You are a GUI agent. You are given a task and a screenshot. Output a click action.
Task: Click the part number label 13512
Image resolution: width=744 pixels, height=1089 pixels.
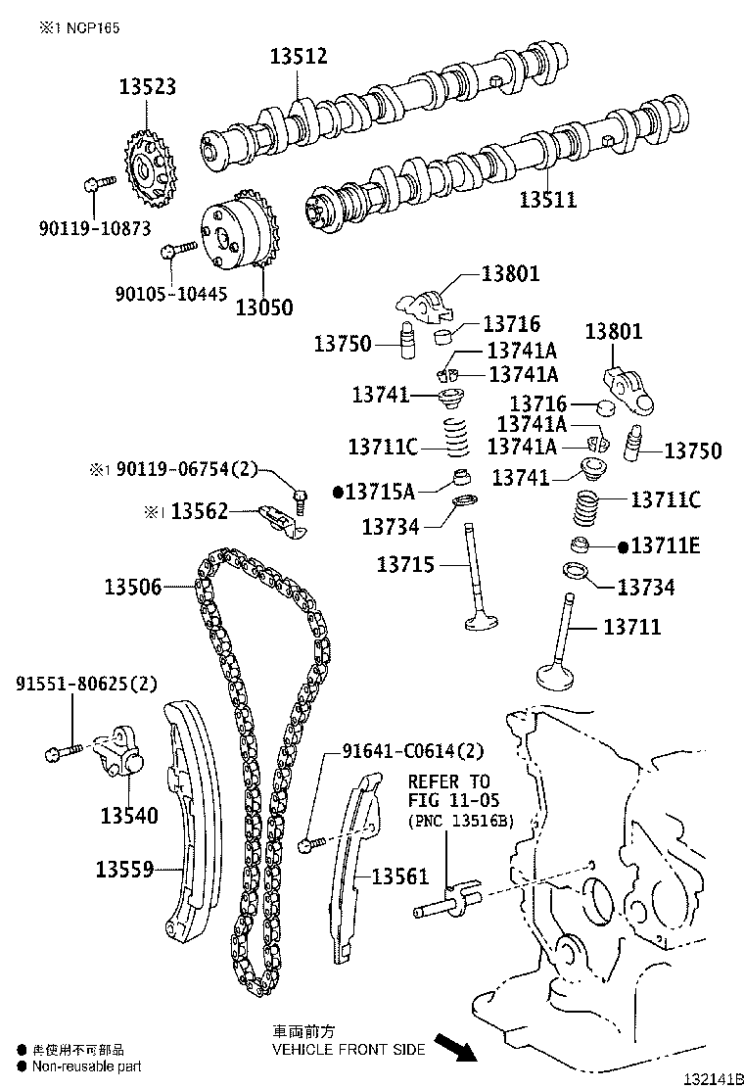click(299, 58)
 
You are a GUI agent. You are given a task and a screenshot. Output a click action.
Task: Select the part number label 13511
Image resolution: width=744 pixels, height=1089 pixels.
click(547, 200)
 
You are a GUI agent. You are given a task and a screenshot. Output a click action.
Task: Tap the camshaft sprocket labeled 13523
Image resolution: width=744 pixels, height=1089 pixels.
click(148, 172)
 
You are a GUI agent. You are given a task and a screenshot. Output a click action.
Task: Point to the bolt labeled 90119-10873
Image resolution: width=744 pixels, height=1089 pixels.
click(99, 182)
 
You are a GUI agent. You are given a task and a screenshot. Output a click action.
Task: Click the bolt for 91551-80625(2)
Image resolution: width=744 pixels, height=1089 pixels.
click(64, 751)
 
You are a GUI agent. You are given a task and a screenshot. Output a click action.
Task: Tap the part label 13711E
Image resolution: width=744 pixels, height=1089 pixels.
click(666, 545)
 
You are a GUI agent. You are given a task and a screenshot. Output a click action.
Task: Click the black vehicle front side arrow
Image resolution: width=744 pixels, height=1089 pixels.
click(455, 1048)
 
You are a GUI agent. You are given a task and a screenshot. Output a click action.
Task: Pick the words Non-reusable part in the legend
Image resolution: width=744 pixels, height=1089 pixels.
click(86, 1066)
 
